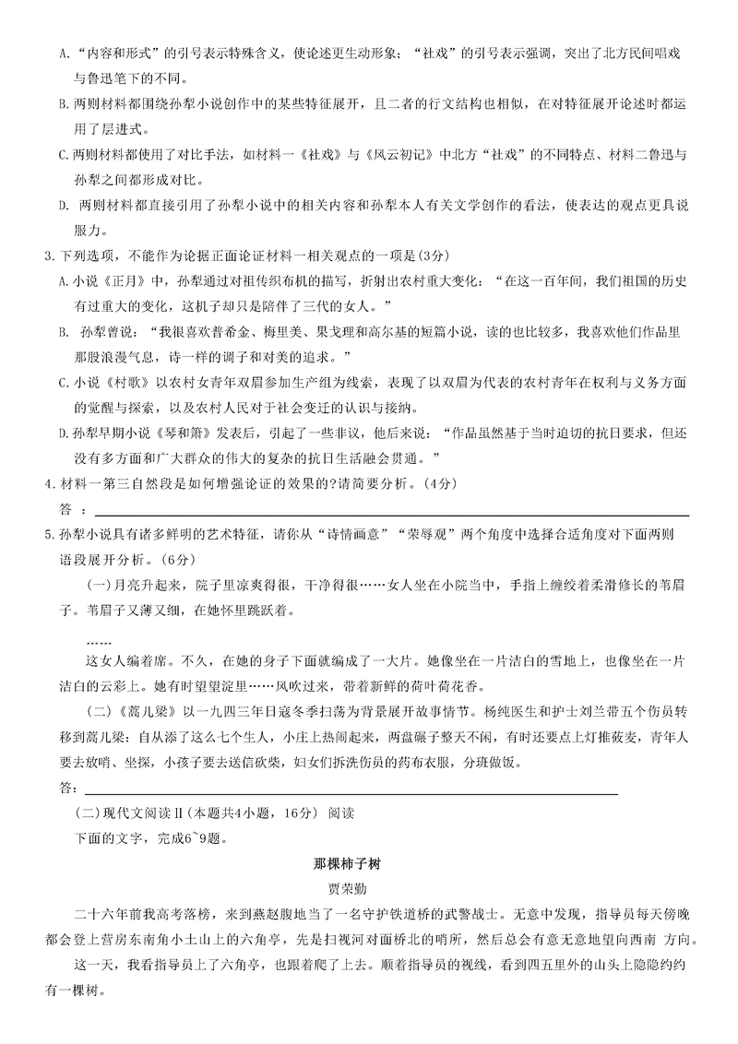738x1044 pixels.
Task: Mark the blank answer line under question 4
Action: [x=387, y=515]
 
